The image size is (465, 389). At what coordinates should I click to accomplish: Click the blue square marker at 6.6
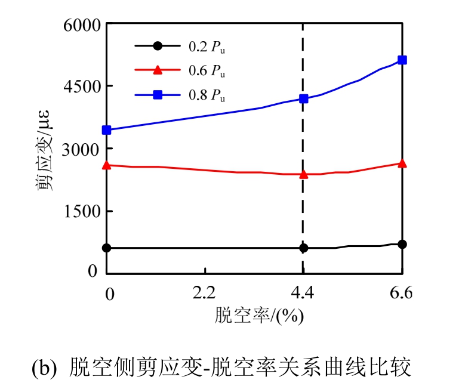click(x=402, y=60)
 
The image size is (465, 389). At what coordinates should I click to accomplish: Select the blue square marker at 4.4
click(x=303, y=98)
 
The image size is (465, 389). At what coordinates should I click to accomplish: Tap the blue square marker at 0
click(x=107, y=130)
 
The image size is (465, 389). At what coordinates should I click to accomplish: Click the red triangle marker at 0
click(x=107, y=165)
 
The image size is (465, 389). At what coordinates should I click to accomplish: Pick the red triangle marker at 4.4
click(x=303, y=174)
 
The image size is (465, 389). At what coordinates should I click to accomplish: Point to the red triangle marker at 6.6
click(x=402, y=163)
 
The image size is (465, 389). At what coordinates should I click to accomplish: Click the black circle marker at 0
click(x=107, y=248)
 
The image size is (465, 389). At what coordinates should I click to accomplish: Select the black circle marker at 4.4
click(x=303, y=248)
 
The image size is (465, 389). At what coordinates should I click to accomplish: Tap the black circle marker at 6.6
click(x=402, y=244)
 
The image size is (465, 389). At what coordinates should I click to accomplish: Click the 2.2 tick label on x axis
click(x=205, y=293)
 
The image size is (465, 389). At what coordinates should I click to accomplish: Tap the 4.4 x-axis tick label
click(x=303, y=293)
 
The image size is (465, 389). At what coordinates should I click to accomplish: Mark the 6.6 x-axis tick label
click(x=401, y=293)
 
